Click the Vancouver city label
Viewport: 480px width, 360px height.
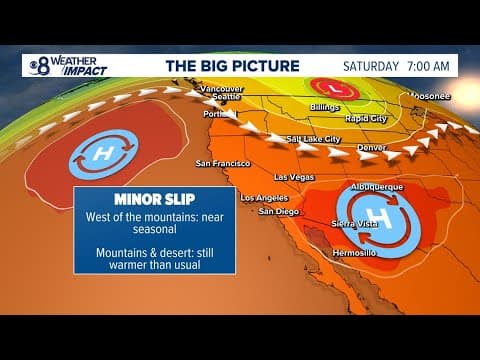223,88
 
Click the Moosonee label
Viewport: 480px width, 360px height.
431,96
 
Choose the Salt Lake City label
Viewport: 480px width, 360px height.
314,139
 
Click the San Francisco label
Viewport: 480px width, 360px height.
222,162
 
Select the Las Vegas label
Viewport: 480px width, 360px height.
294,177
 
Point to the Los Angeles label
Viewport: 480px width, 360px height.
263,197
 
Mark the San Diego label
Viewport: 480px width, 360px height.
277,211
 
